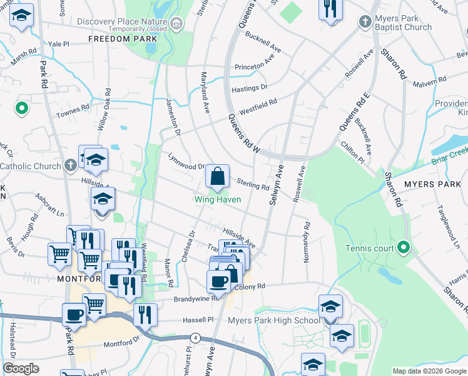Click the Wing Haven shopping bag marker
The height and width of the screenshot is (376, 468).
click(217, 177)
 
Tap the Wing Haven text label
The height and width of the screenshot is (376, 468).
click(218, 200)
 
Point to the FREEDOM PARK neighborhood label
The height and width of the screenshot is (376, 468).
click(122, 39)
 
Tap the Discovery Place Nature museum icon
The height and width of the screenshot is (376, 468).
click(177, 24)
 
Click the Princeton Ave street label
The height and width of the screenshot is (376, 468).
click(255, 65)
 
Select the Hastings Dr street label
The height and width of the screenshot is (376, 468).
click(250, 88)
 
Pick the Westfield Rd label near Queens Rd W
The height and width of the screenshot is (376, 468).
click(259, 105)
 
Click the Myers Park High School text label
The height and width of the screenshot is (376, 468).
click(274, 321)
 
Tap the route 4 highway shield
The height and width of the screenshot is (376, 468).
click(196, 338)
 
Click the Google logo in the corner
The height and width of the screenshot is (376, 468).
click(21, 368)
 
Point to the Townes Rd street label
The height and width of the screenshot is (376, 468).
click(73, 110)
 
